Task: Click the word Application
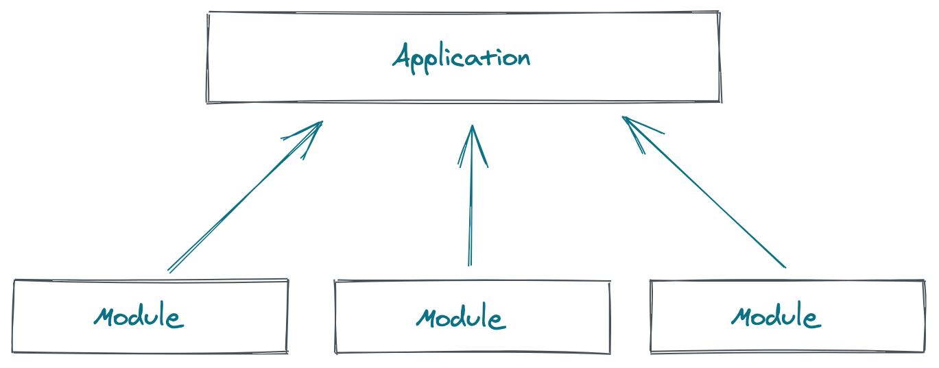461,57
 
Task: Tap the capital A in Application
402,56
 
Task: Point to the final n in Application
524,58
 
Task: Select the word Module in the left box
139,317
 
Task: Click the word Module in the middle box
460,318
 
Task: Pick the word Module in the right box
775,317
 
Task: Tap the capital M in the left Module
104,317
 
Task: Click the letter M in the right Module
741,316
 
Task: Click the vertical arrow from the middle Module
471,199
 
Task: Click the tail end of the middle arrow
470,265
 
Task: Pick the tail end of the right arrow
785,267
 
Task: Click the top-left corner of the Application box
209,13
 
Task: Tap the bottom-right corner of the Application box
720,101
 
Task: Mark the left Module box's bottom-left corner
13,352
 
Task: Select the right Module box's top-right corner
924,281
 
